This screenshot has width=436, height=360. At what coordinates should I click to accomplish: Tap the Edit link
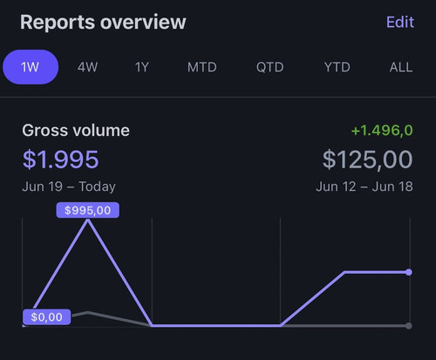coord(400,22)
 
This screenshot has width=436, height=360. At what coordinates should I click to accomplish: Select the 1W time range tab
coord(31,67)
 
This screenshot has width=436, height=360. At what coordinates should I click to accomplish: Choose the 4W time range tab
coord(87,67)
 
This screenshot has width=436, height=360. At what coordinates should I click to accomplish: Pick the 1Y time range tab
coord(142,67)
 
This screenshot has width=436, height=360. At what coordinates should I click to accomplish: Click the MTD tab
coord(202,67)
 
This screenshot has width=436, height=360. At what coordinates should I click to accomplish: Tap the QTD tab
coord(269,67)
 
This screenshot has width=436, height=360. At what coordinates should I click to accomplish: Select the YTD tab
coord(337,67)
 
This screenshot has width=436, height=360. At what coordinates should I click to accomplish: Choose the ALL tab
coord(401,67)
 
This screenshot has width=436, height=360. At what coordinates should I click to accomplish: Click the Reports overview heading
coord(103,22)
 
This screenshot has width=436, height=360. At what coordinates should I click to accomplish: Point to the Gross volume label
coord(76,131)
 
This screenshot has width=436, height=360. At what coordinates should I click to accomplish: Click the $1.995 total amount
coord(61,160)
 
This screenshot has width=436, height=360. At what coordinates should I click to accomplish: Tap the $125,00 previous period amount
coord(367,160)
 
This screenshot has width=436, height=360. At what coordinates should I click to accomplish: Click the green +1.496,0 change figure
coord(382,131)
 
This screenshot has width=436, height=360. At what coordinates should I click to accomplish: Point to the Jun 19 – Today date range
coord(69,187)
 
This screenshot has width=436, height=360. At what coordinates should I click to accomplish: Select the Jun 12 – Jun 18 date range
coord(364,187)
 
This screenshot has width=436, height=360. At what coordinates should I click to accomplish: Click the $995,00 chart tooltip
coord(87,210)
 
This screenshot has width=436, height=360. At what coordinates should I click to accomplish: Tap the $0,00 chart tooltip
coord(46,317)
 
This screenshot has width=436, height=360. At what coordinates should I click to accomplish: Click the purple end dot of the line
coord(409,272)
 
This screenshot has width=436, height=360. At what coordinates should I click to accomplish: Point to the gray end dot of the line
coord(409,326)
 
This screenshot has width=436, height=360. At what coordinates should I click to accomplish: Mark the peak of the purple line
coord(87,221)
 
